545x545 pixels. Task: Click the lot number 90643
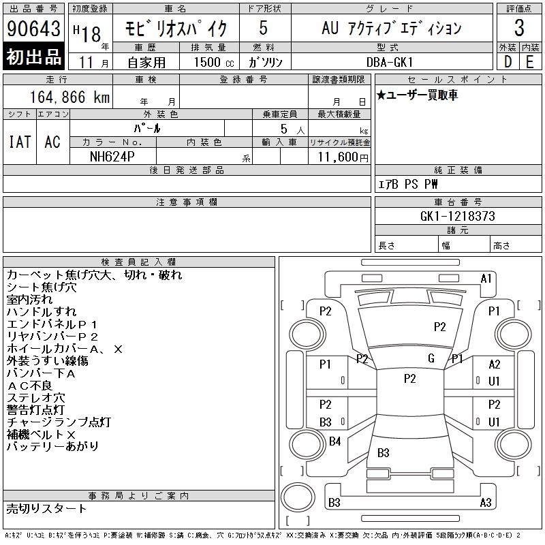pos(33,29)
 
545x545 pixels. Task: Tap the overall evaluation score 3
pos(519,28)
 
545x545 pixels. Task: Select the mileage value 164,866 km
pos(69,97)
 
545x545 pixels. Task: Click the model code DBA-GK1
pos(390,62)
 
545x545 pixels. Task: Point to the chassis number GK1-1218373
pos(457,216)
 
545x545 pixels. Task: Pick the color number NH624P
pos(112,157)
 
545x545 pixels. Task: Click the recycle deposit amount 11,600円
pos(343,157)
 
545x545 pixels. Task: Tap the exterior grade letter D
pos(508,62)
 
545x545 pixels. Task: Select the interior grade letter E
pos(530,62)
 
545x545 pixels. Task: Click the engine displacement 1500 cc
pos(214,62)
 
